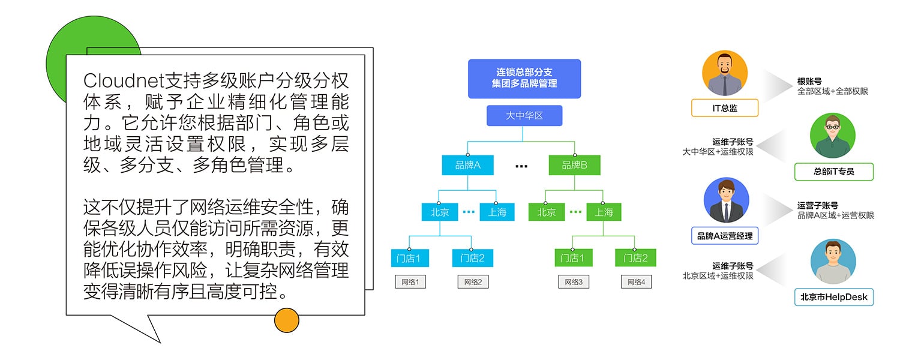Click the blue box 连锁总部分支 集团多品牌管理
tap(524, 79)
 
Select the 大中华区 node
tap(524, 115)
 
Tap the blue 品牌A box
tap(467, 165)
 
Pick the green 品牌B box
tap(574, 165)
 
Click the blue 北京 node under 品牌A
tap(440, 212)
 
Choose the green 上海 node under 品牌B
tap(604, 212)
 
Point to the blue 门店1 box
tap(410, 258)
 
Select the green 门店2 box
tap(635, 258)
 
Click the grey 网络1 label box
tap(410, 281)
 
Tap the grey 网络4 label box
tap(636, 281)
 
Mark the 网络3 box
tap(574, 281)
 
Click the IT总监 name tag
tap(725, 108)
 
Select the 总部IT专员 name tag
tap(833, 172)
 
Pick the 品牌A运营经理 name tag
tap(725, 236)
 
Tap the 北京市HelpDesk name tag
tap(833, 297)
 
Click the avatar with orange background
tap(725, 73)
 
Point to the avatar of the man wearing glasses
tap(833, 136)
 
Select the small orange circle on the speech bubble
tap(286, 320)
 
